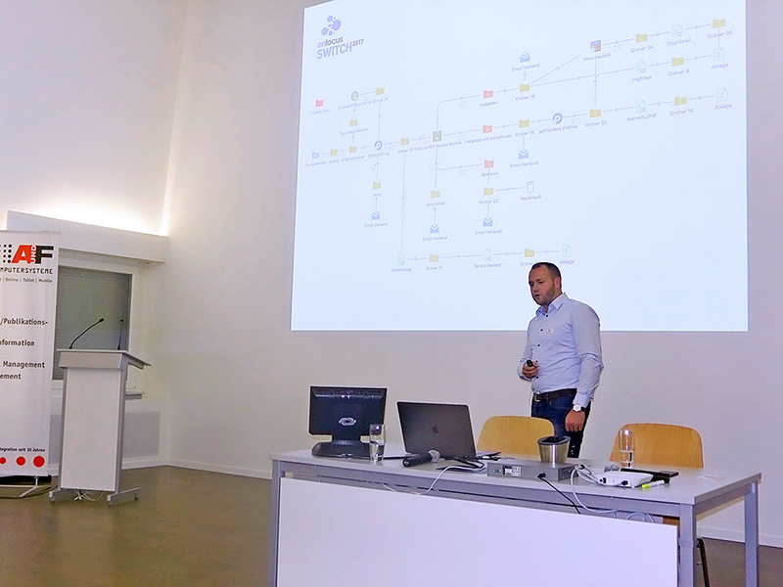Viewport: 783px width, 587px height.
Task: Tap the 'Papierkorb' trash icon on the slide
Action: [x=530, y=187]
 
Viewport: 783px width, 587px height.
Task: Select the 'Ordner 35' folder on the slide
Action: [x=718, y=23]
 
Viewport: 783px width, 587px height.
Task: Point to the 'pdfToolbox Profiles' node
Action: [x=557, y=118]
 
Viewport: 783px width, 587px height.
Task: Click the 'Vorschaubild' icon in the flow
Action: [x=595, y=46]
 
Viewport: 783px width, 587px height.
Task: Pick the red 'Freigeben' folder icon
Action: [x=487, y=94]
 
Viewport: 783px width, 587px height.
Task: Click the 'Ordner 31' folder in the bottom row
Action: [x=435, y=258]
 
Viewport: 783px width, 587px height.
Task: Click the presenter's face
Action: [x=545, y=284]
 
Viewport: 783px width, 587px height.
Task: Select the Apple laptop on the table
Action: [x=436, y=429]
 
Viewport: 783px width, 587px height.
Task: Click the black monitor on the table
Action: [x=346, y=416]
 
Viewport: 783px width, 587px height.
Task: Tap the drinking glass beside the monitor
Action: [x=377, y=442]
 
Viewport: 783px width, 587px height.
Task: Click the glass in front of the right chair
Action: [x=626, y=448]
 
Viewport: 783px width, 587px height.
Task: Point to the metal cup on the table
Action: [x=554, y=449]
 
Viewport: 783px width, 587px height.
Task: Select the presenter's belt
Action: [x=554, y=394]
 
